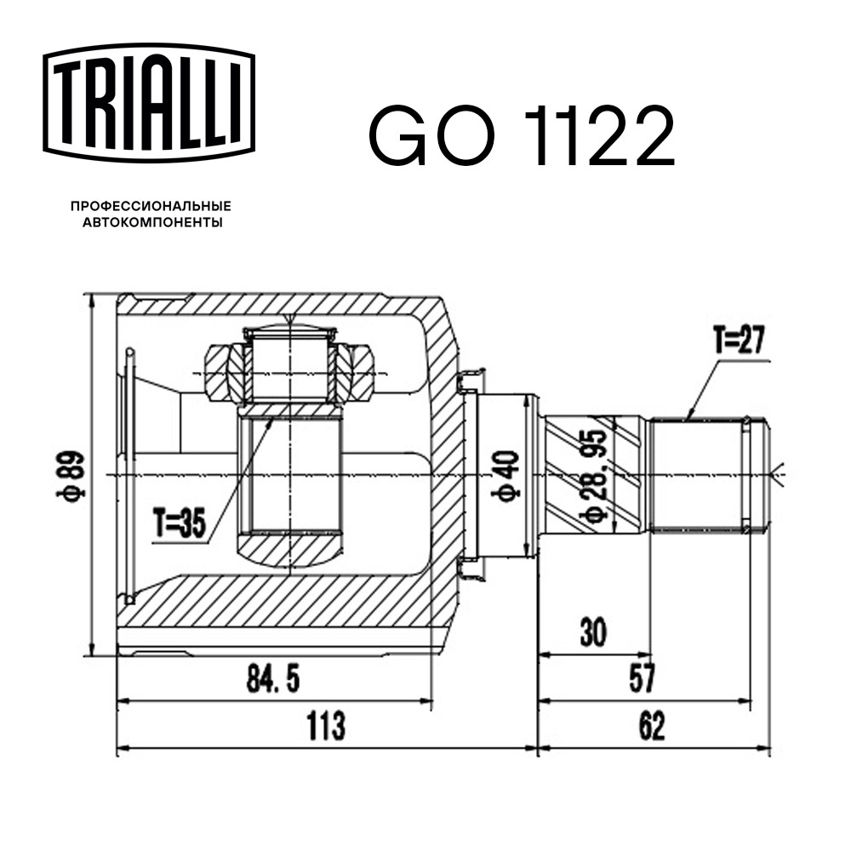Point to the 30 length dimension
593,632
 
